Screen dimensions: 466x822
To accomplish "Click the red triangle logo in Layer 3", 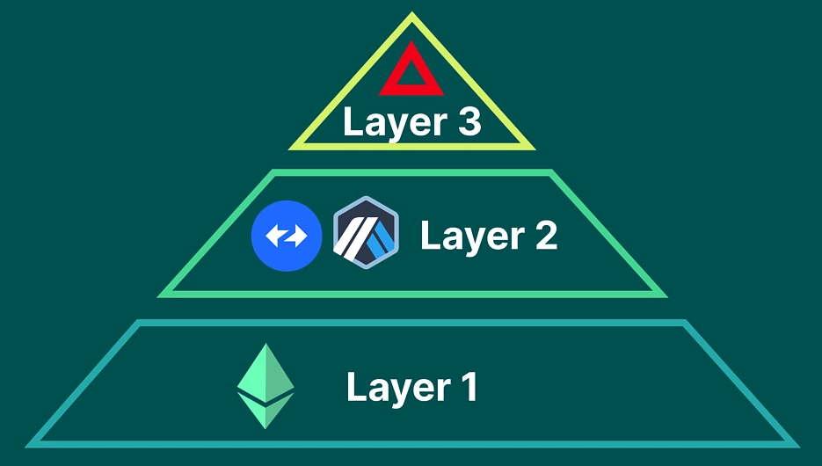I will tap(411, 72).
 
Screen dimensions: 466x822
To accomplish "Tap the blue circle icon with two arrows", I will tap(287, 236).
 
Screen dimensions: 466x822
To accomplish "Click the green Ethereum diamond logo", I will tap(266, 385).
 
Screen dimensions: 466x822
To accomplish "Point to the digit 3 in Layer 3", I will tap(468, 122).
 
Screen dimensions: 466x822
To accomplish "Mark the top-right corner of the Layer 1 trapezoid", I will tap(684, 324).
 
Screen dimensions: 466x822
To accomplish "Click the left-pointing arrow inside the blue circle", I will tap(276, 236).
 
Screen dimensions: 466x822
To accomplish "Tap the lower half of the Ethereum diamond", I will tap(266, 410).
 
